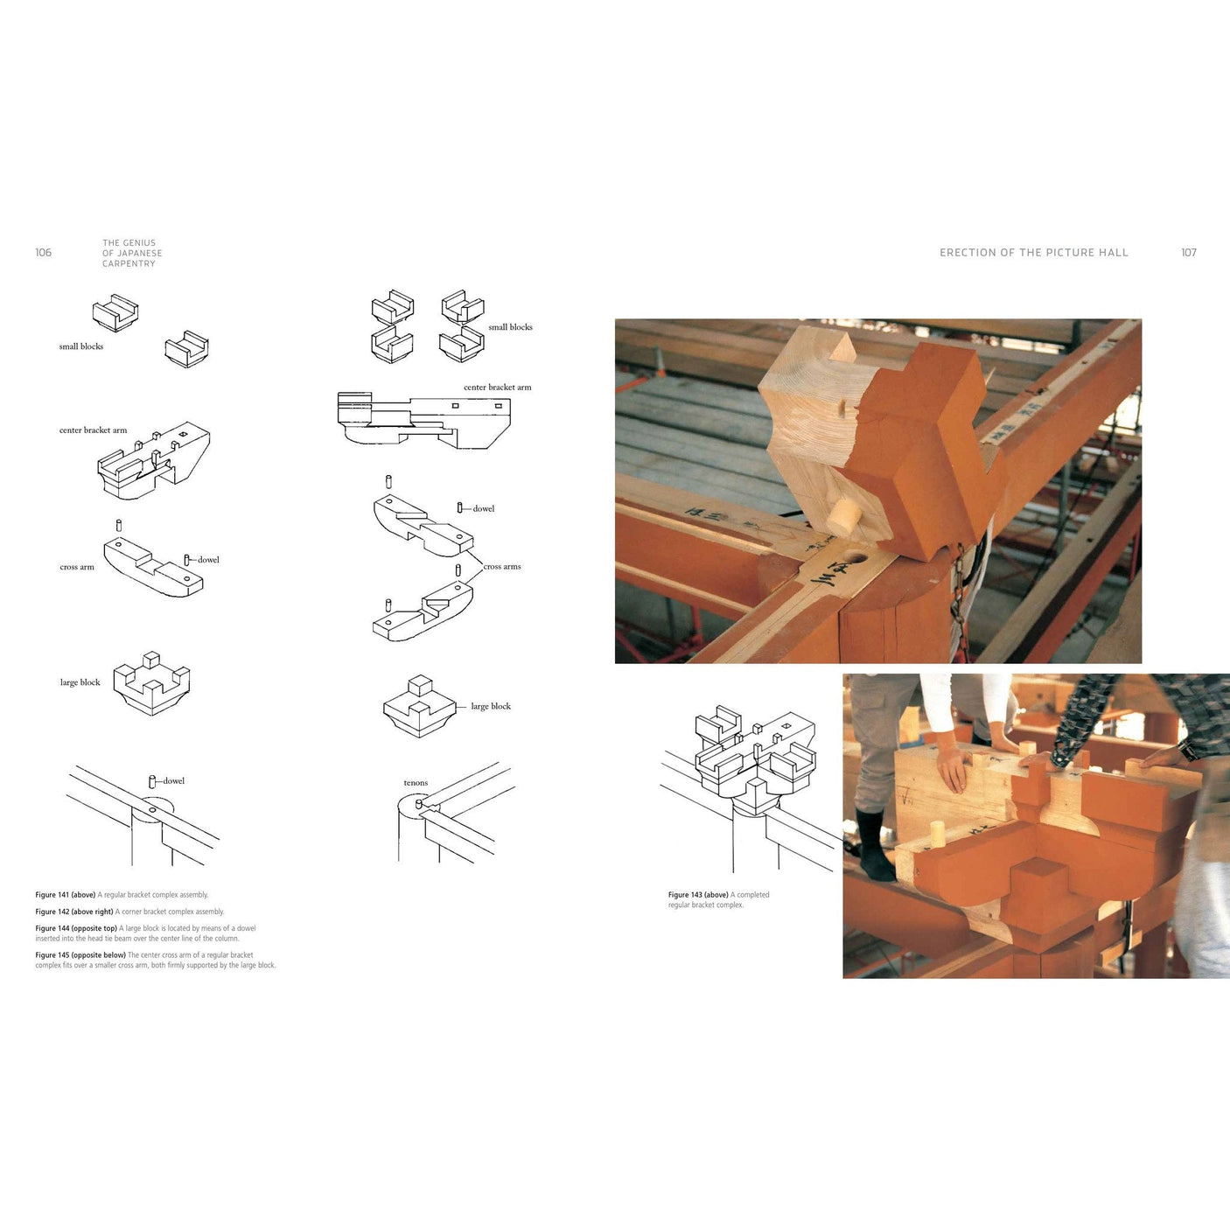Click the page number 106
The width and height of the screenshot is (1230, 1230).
[43, 253]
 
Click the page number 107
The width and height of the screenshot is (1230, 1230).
[1188, 253]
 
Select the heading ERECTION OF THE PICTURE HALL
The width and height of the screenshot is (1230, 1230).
[1033, 253]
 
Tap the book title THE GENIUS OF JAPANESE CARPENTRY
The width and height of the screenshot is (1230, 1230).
[131, 254]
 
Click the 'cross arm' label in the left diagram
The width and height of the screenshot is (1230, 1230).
[77, 567]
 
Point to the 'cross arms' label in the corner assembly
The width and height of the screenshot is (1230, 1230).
[502, 567]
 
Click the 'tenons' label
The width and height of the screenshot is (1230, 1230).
[416, 783]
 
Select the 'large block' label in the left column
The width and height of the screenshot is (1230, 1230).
[80, 682]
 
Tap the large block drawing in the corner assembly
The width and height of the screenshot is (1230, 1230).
[419, 706]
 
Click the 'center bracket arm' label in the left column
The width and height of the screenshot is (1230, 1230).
[93, 430]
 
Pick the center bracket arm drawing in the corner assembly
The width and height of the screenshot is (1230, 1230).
[424, 420]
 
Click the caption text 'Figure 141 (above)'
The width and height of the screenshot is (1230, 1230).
[66, 895]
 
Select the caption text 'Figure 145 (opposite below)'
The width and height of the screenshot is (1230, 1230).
[80, 955]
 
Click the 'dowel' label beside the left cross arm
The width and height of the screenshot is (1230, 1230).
[208, 560]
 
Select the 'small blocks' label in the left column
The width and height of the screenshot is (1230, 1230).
[81, 346]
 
